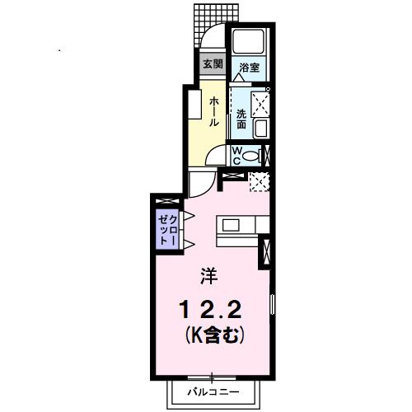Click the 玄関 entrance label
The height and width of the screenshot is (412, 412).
point(212,64)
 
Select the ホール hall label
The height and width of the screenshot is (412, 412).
point(214,110)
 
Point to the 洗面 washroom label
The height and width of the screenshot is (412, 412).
point(241,117)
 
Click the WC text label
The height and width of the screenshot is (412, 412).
point(236,155)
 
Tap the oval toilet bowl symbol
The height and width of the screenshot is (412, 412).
point(252,155)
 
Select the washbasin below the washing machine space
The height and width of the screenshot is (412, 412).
point(260,129)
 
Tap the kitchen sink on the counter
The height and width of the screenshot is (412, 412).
point(230,225)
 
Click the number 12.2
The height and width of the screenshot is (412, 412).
point(210,310)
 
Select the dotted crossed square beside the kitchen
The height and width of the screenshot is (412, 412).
point(260,182)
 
